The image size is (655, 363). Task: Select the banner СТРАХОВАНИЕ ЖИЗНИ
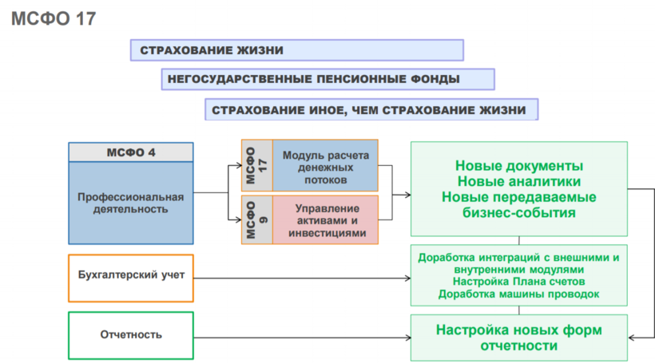pyautogui.click(x=296, y=50)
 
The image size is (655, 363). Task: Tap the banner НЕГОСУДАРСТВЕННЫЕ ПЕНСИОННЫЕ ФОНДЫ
pyautogui.click(x=327, y=79)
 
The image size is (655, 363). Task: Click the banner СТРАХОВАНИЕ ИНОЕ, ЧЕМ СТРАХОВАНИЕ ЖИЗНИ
pyautogui.click(x=371, y=109)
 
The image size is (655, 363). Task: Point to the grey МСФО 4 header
pyautogui.click(x=131, y=152)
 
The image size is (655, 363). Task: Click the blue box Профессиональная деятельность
pyautogui.click(x=131, y=203)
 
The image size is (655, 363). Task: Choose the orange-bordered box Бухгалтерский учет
pyautogui.click(x=131, y=277)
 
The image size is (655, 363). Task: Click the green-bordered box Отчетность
pyautogui.click(x=131, y=335)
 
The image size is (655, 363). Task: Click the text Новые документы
pyautogui.click(x=518, y=167)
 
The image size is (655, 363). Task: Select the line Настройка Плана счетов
pyautogui.click(x=518, y=282)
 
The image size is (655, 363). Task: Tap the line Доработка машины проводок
pyautogui.click(x=518, y=294)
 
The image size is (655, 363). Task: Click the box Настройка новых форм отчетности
pyautogui.click(x=518, y=337)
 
